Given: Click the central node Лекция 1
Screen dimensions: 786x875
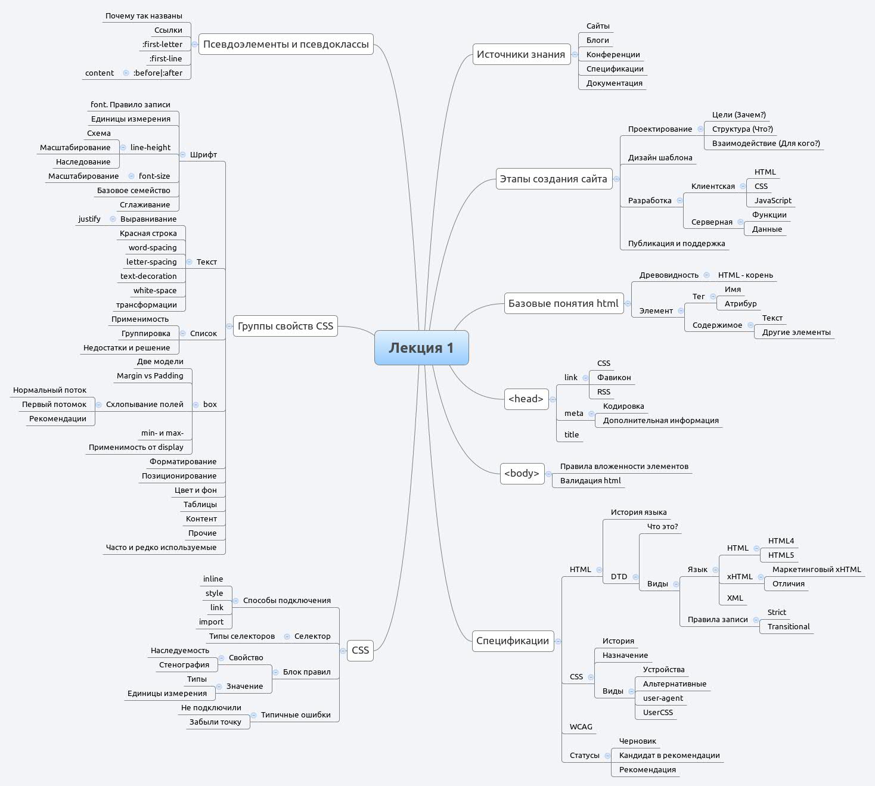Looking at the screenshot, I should (x=421, y=347).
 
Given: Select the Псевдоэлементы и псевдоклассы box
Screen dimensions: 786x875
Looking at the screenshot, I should (x=286, y=44).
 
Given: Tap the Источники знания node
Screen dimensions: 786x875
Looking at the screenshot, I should (x=521, y=54).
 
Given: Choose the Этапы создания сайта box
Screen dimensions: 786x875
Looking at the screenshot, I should (x=554, y=179).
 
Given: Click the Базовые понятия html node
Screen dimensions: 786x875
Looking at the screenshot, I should (x=563, y=303).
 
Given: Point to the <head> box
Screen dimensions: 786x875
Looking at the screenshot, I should (x=526, y=399).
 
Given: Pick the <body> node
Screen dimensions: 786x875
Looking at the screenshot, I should (x=522, y=473).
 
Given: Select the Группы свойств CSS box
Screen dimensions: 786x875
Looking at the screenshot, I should (x=286, y=326).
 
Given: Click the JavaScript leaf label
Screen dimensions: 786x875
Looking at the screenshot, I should (x=773, y=200).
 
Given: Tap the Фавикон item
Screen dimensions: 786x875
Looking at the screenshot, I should (x=614, y=377).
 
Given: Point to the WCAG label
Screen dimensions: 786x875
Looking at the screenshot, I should (x=581, y=726).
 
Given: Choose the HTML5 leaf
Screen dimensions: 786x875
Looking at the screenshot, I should (x=781, y=555).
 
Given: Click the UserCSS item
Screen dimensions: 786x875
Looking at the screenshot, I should (x=658, y=712).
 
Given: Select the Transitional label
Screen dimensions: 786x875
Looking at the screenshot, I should (x=789, y=626).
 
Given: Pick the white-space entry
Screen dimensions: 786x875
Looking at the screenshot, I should (x=155, y=290).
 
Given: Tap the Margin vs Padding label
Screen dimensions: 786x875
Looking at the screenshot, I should (x=150, y=375).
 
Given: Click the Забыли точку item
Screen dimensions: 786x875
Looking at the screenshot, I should (x=215, y=722).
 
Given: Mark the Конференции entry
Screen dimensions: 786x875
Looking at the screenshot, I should (x=613, y=54).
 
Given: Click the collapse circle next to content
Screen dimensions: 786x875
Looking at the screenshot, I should (x=126, y=73).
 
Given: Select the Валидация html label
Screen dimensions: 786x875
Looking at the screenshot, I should (x=590, y=480).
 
